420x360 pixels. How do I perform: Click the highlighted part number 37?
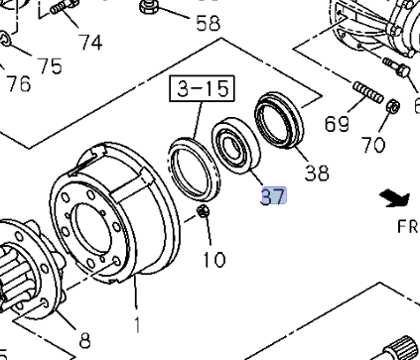(x=273, y=196)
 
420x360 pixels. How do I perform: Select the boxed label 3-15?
(x=204, y=90)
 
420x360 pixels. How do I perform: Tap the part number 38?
(x=316, y=173)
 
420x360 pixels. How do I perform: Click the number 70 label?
(x=373, y=146)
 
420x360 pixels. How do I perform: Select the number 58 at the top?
(x=208, y=23)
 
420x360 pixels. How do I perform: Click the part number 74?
(x=90, y=42)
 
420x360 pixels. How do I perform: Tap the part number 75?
(x=50, y=66)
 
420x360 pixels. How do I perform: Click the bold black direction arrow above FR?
(x=398, y=199)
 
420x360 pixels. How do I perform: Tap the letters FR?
(x=407, y=226)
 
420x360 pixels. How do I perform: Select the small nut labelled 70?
(x=392, y=106)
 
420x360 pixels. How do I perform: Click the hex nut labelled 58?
(x=148, y=8)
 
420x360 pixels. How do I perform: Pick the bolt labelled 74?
(x=63, y=9)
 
